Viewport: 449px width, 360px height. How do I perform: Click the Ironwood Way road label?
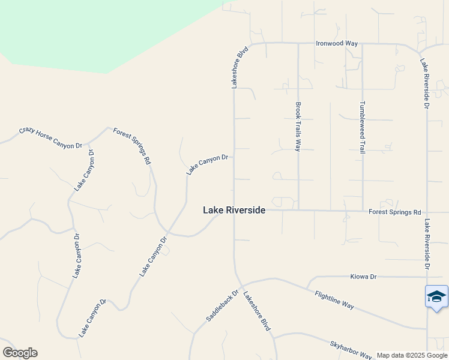337,43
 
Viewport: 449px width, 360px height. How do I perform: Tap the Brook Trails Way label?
298,126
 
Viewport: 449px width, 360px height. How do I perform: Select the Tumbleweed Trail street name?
362,127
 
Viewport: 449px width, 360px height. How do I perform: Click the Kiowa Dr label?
363,277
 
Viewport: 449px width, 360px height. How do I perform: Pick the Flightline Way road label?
334,298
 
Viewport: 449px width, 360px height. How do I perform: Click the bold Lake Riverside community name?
234,210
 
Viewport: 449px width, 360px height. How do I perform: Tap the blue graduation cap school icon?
436,296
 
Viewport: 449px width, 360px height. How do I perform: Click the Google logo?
20,353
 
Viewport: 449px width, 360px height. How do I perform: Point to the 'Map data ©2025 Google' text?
412,356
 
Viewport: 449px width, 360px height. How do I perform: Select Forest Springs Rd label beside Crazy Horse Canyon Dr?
131,146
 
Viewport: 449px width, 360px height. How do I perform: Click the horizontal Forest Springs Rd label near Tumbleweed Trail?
394,212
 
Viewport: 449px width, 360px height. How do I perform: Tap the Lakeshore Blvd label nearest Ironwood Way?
240,69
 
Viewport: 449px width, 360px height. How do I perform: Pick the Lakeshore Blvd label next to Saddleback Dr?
256,311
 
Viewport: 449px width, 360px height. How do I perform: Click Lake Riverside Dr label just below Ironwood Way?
425,83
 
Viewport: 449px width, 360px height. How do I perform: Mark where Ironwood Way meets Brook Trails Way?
298,43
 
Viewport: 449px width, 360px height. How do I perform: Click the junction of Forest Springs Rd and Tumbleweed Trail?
362,211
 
